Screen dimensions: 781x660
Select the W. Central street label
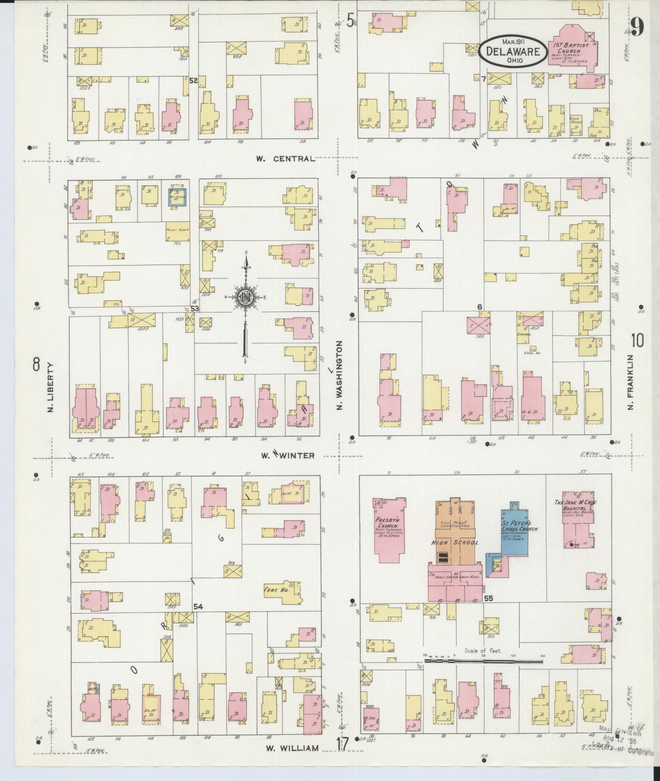(285, 158)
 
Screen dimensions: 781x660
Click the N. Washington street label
(340, 374)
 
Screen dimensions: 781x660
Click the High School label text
(454, 543)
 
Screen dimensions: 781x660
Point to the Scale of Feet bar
(483, 661)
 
